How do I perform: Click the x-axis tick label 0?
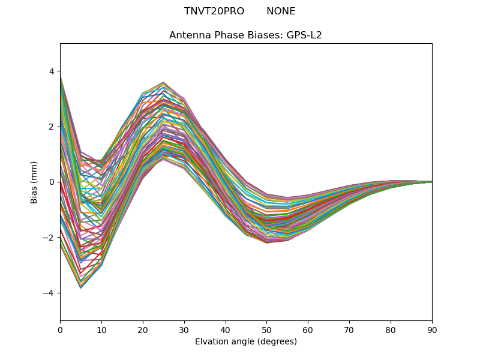(x=60, y=329)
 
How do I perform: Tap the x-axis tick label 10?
(x=101, y=329)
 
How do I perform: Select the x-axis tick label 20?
(x=143, y=329)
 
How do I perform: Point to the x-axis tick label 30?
(x=184, y=329)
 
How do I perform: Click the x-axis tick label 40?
(x=226, y=329)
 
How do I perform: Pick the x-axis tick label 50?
(x=266, y=329)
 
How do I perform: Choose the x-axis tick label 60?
(x=308, y=329)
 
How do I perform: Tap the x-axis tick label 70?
(x=349, y=329)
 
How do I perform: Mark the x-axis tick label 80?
(x=391, y=329)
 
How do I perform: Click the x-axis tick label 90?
(x=432, y=329)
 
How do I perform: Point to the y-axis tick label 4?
(x=52, y=71)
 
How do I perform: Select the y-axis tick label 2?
(x=52, y=127)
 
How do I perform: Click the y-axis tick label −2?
(x=49, y=238)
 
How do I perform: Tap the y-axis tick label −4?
(x=49, y=293)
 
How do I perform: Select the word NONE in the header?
(x=281, y=11)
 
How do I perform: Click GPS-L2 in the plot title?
(x=304, y=35)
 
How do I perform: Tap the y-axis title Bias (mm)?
(x=34, y=182)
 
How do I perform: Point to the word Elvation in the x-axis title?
(x=212, y=342)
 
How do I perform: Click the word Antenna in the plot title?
(x=190, y=35)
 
